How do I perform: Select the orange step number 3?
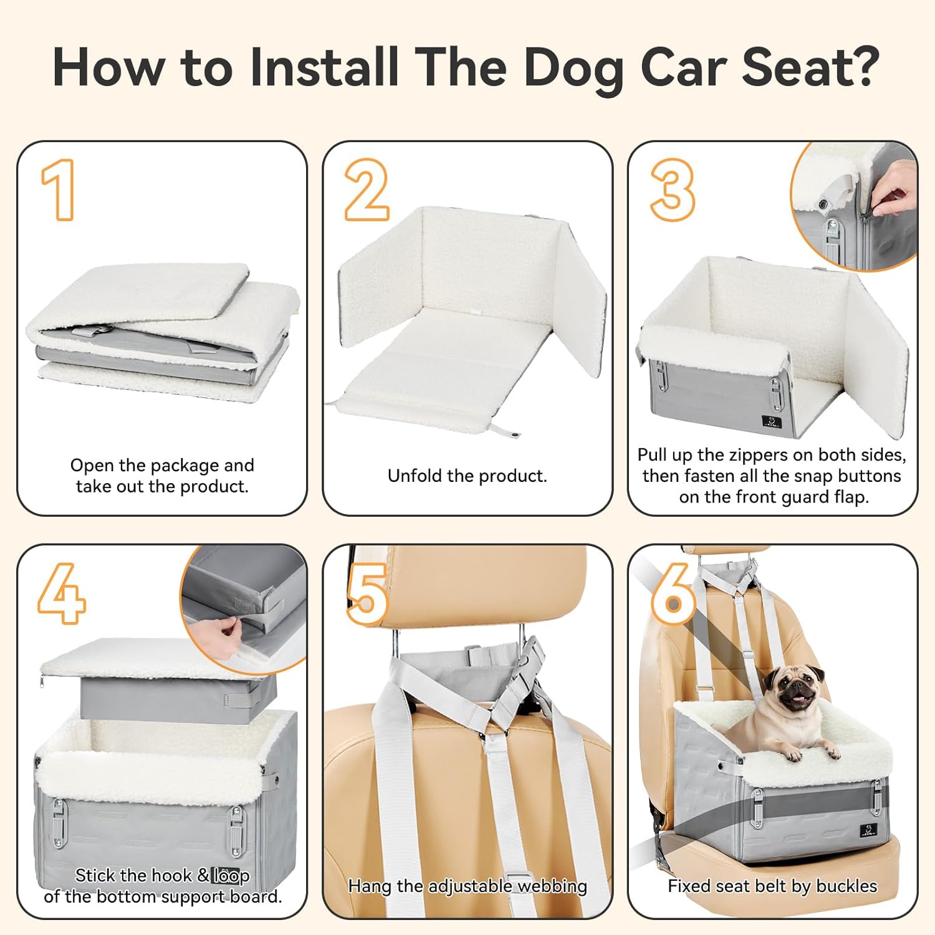pyautogui.click(x=672, y=189)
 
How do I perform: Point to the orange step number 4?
pyautogui.click(x=61, y=593)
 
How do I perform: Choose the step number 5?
pyautogui.click(x=368, y=594)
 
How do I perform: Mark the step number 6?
pyautogui.click(x=673, y=594)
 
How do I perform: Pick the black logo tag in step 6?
pyautogui.click(x=868, y=830)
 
